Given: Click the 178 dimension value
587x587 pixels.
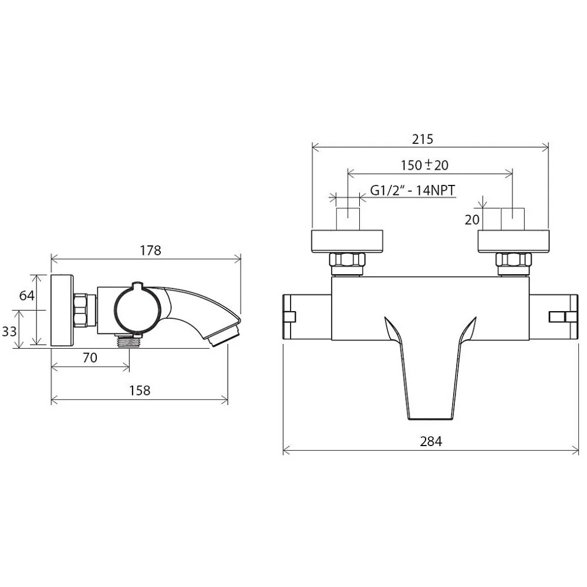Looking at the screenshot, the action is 150,251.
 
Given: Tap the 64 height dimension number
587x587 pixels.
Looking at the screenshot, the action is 26,295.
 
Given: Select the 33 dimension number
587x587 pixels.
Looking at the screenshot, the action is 9,331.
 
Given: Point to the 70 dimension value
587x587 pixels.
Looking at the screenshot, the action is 90,357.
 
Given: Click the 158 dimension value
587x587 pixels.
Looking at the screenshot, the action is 140,390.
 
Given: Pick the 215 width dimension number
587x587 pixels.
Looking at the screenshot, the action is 423,139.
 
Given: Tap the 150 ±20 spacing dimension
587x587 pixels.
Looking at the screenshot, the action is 424,165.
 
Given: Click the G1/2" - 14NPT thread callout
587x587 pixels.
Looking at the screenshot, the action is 413,190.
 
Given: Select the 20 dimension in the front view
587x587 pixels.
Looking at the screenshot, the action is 472,220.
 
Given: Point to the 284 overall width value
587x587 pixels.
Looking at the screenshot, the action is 431,441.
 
